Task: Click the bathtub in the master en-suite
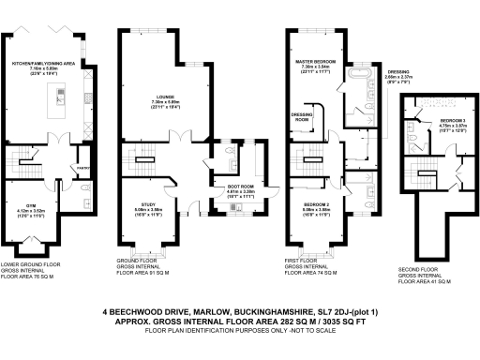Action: (361, 71)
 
